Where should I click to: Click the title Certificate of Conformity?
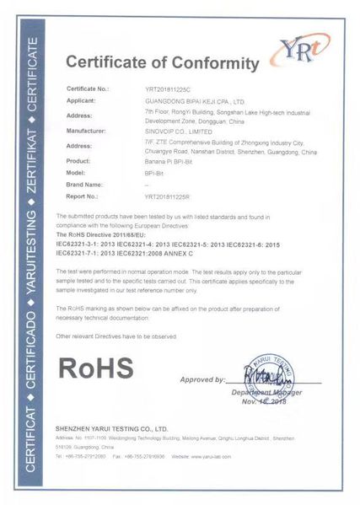click(x=162, y=64)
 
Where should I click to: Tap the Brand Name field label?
click(x=86, y=184)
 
